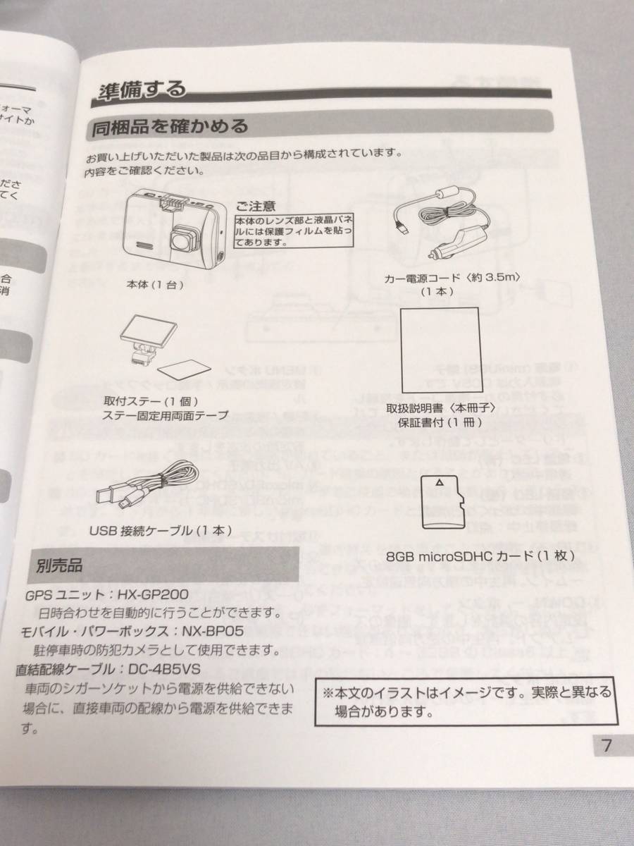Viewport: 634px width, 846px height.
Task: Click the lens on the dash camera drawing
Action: click(184, 240)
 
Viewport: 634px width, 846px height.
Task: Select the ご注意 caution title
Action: click(256, 207)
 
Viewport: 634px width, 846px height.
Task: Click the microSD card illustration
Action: click(440, 501)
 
